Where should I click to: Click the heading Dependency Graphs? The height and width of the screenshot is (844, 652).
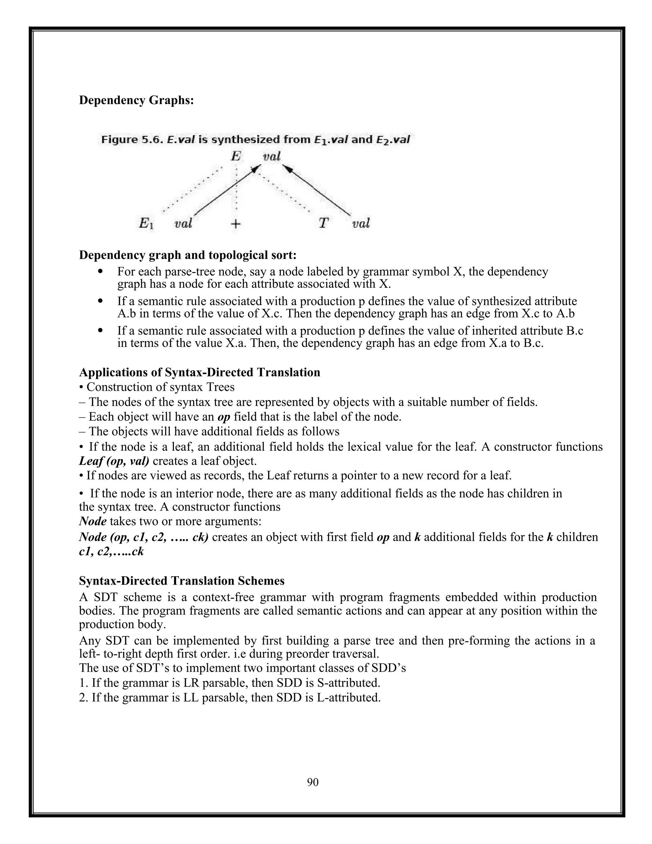[x=136, y=100]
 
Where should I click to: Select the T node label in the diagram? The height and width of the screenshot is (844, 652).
[x=323, y=223]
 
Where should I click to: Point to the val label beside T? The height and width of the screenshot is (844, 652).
[x=361, y=223]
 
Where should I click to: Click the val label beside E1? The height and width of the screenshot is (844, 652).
[x=183, y=223]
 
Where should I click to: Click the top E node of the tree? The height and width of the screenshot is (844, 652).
[x=236, y=156]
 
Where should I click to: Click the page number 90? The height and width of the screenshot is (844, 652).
[x=313, y=782]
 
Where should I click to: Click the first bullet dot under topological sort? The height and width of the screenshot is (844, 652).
[x=100, y=271]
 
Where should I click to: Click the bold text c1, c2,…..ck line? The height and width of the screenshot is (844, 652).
[x=111, y=551]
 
